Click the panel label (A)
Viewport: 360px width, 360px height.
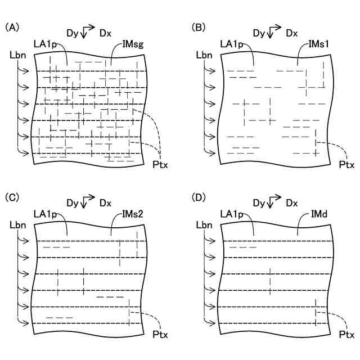click(12, 27)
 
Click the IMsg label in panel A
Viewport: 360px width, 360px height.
click(132, 44)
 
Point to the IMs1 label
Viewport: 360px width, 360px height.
click(319, 44)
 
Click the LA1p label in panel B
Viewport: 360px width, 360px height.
click(232, 44)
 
